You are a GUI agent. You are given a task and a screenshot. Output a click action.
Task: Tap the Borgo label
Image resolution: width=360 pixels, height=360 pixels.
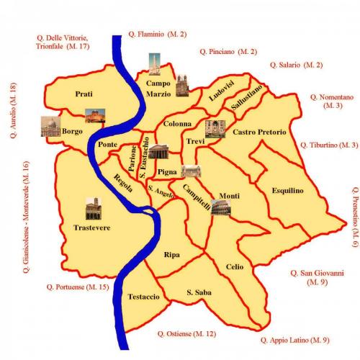tap(73, 131)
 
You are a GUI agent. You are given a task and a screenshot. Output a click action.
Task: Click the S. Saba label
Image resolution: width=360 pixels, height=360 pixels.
tap(198, 292)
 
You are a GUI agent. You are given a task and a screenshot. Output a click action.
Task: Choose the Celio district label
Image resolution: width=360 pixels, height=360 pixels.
tap(235, 266)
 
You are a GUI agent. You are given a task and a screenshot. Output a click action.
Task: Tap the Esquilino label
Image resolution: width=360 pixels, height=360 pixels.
tap(288, 190)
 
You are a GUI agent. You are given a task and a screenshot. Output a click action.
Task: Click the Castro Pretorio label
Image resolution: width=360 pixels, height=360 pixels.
tap(259, 132)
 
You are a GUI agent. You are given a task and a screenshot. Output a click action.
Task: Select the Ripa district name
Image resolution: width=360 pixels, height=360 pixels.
tap(171, 255)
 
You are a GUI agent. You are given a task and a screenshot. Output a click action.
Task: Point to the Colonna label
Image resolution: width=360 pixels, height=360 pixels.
tap(177, 123)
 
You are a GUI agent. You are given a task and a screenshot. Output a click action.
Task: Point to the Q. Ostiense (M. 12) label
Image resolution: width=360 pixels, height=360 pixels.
tap(186, 333)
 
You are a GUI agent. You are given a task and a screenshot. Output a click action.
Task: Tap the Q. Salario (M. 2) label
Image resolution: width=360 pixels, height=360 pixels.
tap(296, 65)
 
